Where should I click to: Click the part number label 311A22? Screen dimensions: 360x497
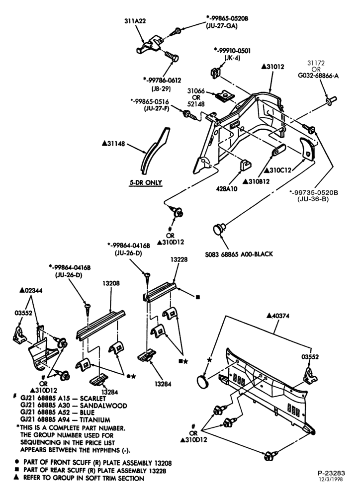(x=135, y=21)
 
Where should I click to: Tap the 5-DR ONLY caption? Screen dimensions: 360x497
(x=146, y=182)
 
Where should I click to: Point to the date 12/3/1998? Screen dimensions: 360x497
(x=331, y=479)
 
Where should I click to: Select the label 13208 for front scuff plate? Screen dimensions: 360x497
(x=111, y=283)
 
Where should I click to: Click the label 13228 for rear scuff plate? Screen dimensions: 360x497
(x=179, y=259)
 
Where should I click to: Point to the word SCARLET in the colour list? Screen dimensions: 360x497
(x=93, y=399)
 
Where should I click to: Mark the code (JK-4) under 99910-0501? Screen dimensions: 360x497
(x=232, y=58)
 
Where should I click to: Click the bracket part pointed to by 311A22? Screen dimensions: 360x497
(x=150, y=45)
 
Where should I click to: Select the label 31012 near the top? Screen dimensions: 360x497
(x=273, y=67)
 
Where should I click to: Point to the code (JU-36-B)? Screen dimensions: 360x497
(x=313, y=199)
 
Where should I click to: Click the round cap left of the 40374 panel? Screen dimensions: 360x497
(x=202, y=381)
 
